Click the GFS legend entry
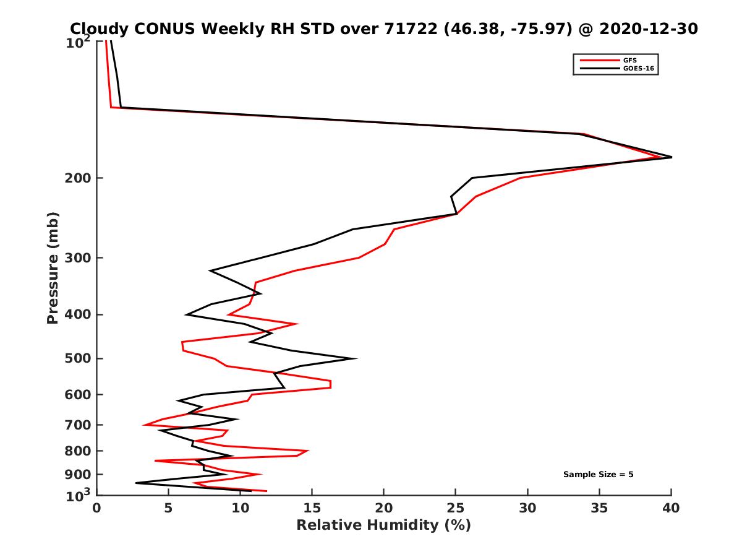631,60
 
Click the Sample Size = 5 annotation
598,475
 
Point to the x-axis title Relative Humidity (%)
383,525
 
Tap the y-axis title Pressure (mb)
53,267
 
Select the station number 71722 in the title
404,28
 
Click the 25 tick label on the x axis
456,508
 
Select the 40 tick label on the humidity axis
671,508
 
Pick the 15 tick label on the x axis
312,508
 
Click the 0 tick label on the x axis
96,508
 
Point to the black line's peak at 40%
671,157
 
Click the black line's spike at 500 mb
355,358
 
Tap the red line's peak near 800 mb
307,451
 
